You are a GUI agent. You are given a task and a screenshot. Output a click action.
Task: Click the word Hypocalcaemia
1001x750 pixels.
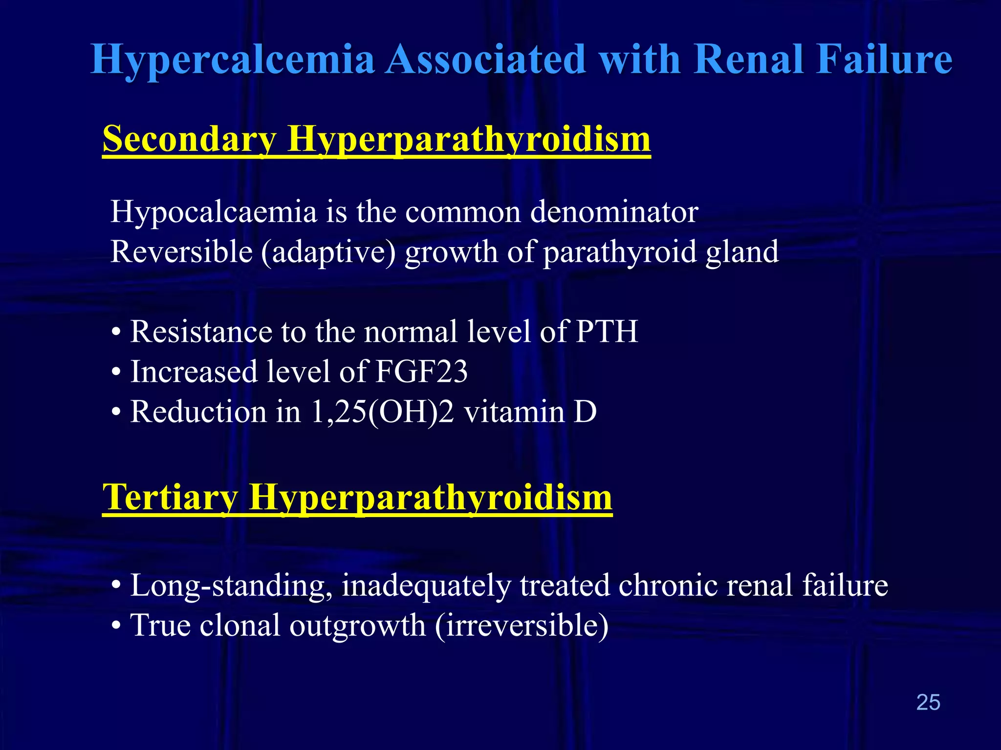coord(214,212)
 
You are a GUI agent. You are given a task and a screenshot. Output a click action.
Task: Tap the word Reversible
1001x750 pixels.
coord(181,252)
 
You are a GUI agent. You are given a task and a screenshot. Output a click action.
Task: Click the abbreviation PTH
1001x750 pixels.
coord(607,332)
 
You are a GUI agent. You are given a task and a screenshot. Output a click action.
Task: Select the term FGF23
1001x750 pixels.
coord(421,372)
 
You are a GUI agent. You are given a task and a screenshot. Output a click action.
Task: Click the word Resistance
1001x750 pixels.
coord(201,332)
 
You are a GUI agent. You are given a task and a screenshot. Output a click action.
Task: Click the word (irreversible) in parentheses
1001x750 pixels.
coord(521,625)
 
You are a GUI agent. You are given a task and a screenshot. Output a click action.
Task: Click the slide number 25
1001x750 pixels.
coord(928,702)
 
